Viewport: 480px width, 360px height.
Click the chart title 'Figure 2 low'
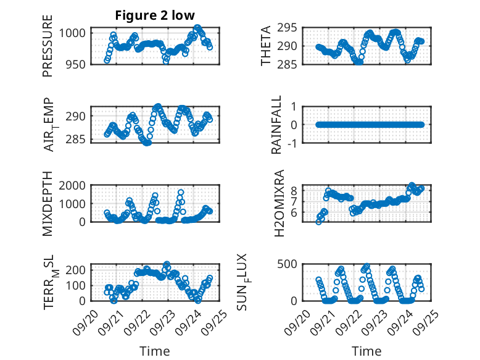[155, 16]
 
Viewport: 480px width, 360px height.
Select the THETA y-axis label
[265, 46]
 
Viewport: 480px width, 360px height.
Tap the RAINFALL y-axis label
[276, 125]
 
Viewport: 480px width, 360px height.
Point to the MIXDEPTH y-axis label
[48, 203]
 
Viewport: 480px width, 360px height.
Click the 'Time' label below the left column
[155, 351]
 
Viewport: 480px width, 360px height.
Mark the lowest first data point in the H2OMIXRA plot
[318, 222]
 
